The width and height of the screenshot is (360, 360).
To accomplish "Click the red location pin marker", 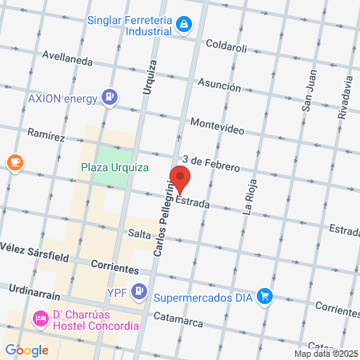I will coord(180,180).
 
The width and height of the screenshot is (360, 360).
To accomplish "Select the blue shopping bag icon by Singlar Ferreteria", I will coord(185,24).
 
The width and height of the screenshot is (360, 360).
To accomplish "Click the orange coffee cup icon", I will coord(14,162).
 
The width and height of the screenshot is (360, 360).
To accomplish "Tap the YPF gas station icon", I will coord(140,290).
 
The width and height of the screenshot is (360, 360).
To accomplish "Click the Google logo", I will coord(26,350).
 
